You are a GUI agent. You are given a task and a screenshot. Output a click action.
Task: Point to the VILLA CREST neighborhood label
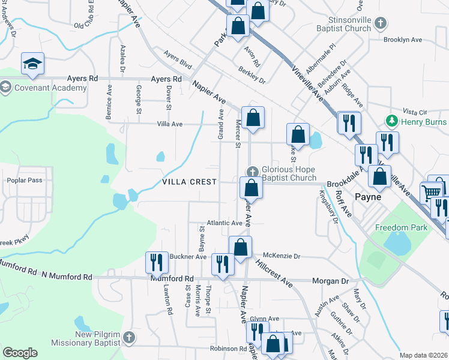188,182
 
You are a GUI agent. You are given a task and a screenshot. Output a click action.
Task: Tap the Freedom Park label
402,227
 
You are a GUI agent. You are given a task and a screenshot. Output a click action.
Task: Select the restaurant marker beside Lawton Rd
157,262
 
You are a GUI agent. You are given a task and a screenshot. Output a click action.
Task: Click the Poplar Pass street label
23,180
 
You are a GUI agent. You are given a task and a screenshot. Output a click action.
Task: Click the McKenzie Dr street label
281,256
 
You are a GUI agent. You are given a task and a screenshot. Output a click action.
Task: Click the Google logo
20,353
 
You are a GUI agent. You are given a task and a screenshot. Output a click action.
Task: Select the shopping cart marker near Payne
431,193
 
